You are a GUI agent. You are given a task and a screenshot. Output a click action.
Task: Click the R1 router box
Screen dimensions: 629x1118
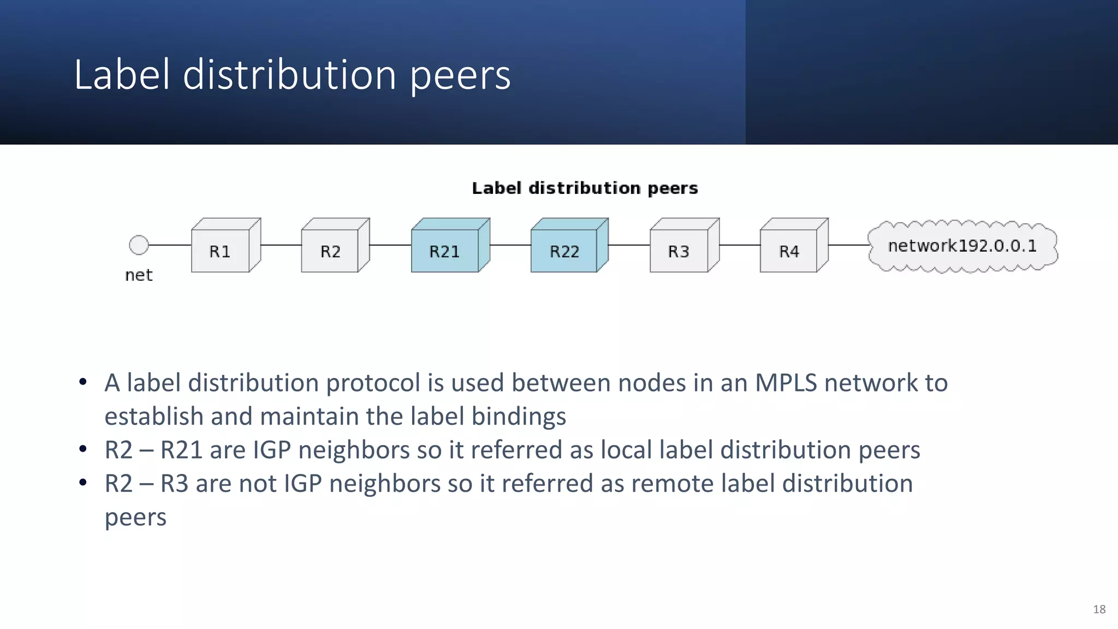(x=221, y=251)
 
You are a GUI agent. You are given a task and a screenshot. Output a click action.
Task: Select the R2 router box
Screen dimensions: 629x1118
(x=331, y=251)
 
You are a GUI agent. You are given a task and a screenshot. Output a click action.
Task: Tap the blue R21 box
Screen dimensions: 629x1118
(x=445, y=251)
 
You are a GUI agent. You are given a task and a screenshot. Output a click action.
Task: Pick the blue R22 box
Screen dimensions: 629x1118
(x=564, y=251)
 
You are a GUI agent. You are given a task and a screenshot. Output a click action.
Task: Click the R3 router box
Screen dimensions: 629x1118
(x=679, y=251)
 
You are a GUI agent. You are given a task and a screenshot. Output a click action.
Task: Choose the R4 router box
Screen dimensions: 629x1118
(x=789, y=251)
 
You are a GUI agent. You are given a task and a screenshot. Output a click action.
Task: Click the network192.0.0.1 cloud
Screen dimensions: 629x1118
(x=962, y=246)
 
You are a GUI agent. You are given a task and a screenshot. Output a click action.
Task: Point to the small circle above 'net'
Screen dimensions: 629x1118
(x=139, y=245)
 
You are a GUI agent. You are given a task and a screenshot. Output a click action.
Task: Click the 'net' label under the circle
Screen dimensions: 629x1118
(x=139, y=275)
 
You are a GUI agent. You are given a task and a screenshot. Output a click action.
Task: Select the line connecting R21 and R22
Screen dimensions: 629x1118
(x=510, y=245)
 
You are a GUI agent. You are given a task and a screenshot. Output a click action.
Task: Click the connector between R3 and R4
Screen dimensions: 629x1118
(x=740, y=245)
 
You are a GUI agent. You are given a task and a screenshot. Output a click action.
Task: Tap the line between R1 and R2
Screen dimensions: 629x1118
(x=281, y=245)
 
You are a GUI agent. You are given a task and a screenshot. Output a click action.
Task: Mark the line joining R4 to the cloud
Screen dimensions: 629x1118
(x=849, y=245)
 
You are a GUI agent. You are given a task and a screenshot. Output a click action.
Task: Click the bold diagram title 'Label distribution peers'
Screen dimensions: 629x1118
(x=585, y=188)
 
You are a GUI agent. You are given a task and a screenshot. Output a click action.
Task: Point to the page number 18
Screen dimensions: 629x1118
(x=1099, y=609)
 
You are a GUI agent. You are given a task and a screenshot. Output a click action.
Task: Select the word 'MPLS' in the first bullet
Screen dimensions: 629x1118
(x=786, y=383)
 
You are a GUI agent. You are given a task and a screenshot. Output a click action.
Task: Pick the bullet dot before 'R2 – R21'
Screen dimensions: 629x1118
(x=82, y=449)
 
